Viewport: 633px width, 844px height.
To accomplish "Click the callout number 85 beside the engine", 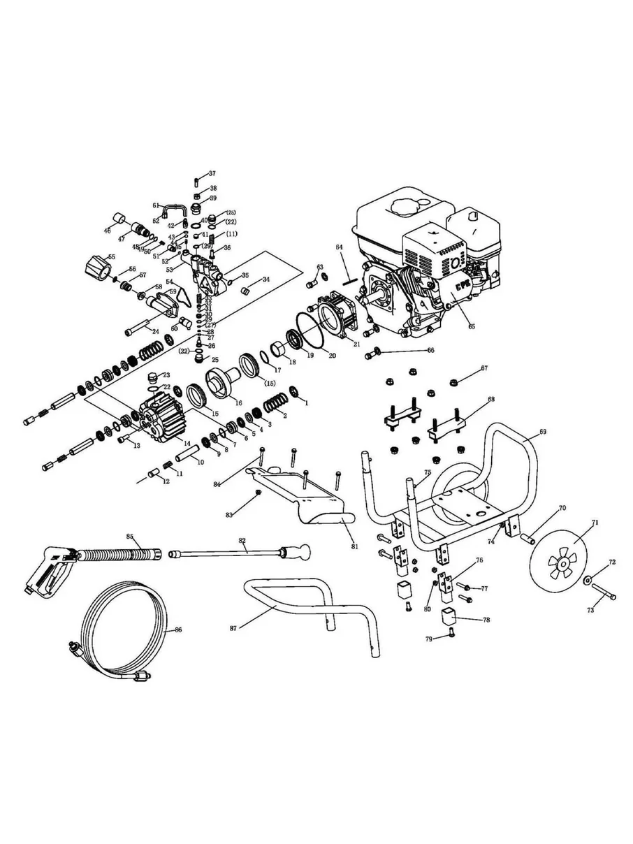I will [x=471, y=326].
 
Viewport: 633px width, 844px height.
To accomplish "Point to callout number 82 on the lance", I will [x=242, y=541].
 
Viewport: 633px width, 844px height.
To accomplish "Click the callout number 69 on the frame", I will [x=542, y=433].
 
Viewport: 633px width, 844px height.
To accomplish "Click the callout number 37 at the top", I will [x=212, y=173].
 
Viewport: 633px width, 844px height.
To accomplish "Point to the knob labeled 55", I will [x=94, y=265].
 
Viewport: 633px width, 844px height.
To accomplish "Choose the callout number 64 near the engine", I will [x=339, y=247].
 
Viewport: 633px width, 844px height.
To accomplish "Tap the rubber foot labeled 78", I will [x=448, y=618].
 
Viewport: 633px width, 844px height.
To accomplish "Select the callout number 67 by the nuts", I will [x=483, y=368].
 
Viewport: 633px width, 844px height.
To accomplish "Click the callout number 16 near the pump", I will [x=239, y=403].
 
